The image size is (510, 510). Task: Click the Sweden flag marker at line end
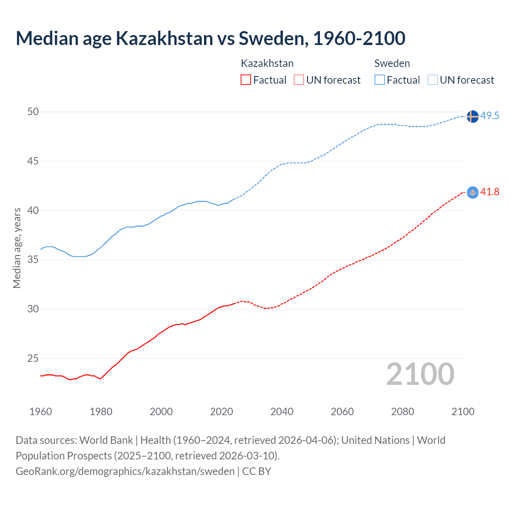tap(472, 116)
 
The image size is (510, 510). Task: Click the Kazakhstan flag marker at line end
tap(472, 192)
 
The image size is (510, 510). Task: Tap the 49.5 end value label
tap(490, 116)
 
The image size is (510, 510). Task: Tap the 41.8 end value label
tap(490, 192)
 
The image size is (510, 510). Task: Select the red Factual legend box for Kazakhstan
tap(246, 80)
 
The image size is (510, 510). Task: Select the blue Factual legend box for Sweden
tap(379, 80)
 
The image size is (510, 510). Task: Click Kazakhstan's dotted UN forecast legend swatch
tap(298, 80)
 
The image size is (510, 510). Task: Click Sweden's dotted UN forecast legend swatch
tap(432, 80)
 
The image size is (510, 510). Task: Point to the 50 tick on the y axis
tap(33, 112)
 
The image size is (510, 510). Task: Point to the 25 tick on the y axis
tap(33, 359)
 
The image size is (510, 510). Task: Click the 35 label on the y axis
tap(33, 260)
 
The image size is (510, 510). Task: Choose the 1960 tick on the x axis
tap(41, 412)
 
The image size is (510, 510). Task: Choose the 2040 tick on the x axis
tap(282, 412)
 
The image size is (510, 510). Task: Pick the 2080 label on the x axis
tap(402, 412)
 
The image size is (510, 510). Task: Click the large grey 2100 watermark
tap(420, 374)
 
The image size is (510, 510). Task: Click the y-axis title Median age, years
tap(17, 248)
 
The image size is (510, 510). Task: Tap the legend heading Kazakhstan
tap(267, 63)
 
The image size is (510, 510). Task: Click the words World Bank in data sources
tap(106, 440)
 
